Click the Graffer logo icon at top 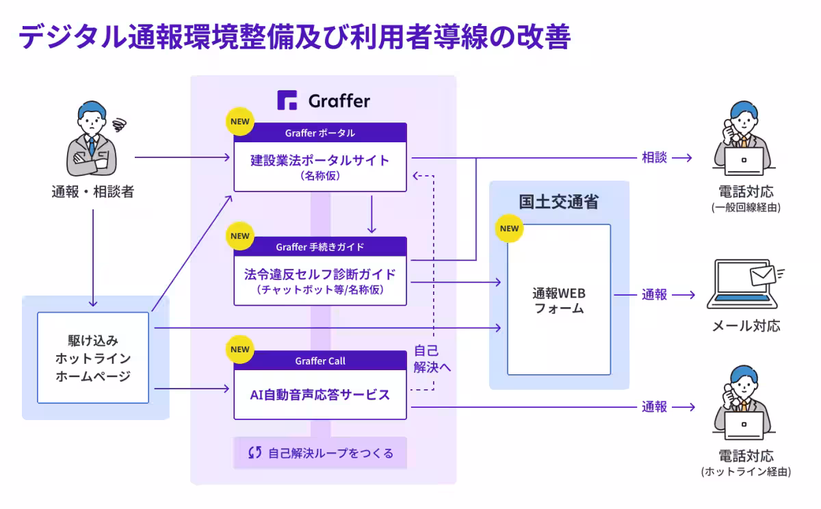click(x=287, y=101)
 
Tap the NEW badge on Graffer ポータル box click(x=240, y=122)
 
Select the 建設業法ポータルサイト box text click(x=320, y=161)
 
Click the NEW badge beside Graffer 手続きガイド click(x=240, y=236)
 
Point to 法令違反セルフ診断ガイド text click(x=320, y=274)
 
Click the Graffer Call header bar click(x=320, y=361)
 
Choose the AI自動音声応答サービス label click(x=320, y=395)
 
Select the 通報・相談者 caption click(x=92, y=192)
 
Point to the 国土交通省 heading click(x=558, y=202)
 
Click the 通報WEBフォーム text click(x=558, y=300)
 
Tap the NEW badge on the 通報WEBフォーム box click(x=510, y=229)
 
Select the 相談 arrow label click(x=654, y=157)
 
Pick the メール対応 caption click(x=746, y=326)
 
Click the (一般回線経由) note click(x=746, y=207)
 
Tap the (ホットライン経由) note click(x=746, y=472)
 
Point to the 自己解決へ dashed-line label click(x=432, y=358)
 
